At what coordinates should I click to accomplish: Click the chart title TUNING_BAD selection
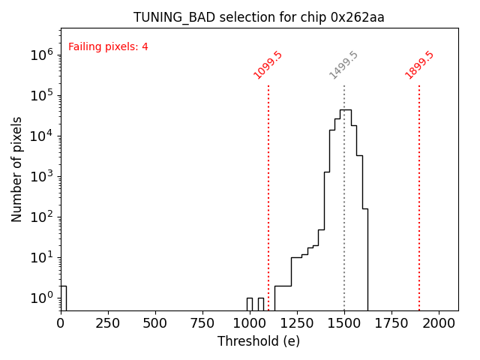(x=259, y=17)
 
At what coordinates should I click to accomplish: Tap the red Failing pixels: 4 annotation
(x=108, y=46)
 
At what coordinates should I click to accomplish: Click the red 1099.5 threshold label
(x=268, y=64)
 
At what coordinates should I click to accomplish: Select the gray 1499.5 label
(x=343, y=65)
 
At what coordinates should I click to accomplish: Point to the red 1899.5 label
(x=419, y=64)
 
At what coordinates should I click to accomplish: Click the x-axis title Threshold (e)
(x=259, y=341)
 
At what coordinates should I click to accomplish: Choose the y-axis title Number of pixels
(x=16, y=169)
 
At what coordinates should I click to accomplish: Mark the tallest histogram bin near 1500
(x=345, y=210)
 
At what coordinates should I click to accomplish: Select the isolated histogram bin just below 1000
(x=250, y=304)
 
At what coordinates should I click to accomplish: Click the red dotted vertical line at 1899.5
(x=419, y=195)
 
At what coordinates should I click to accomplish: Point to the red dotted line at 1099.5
(x=268, y=195)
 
